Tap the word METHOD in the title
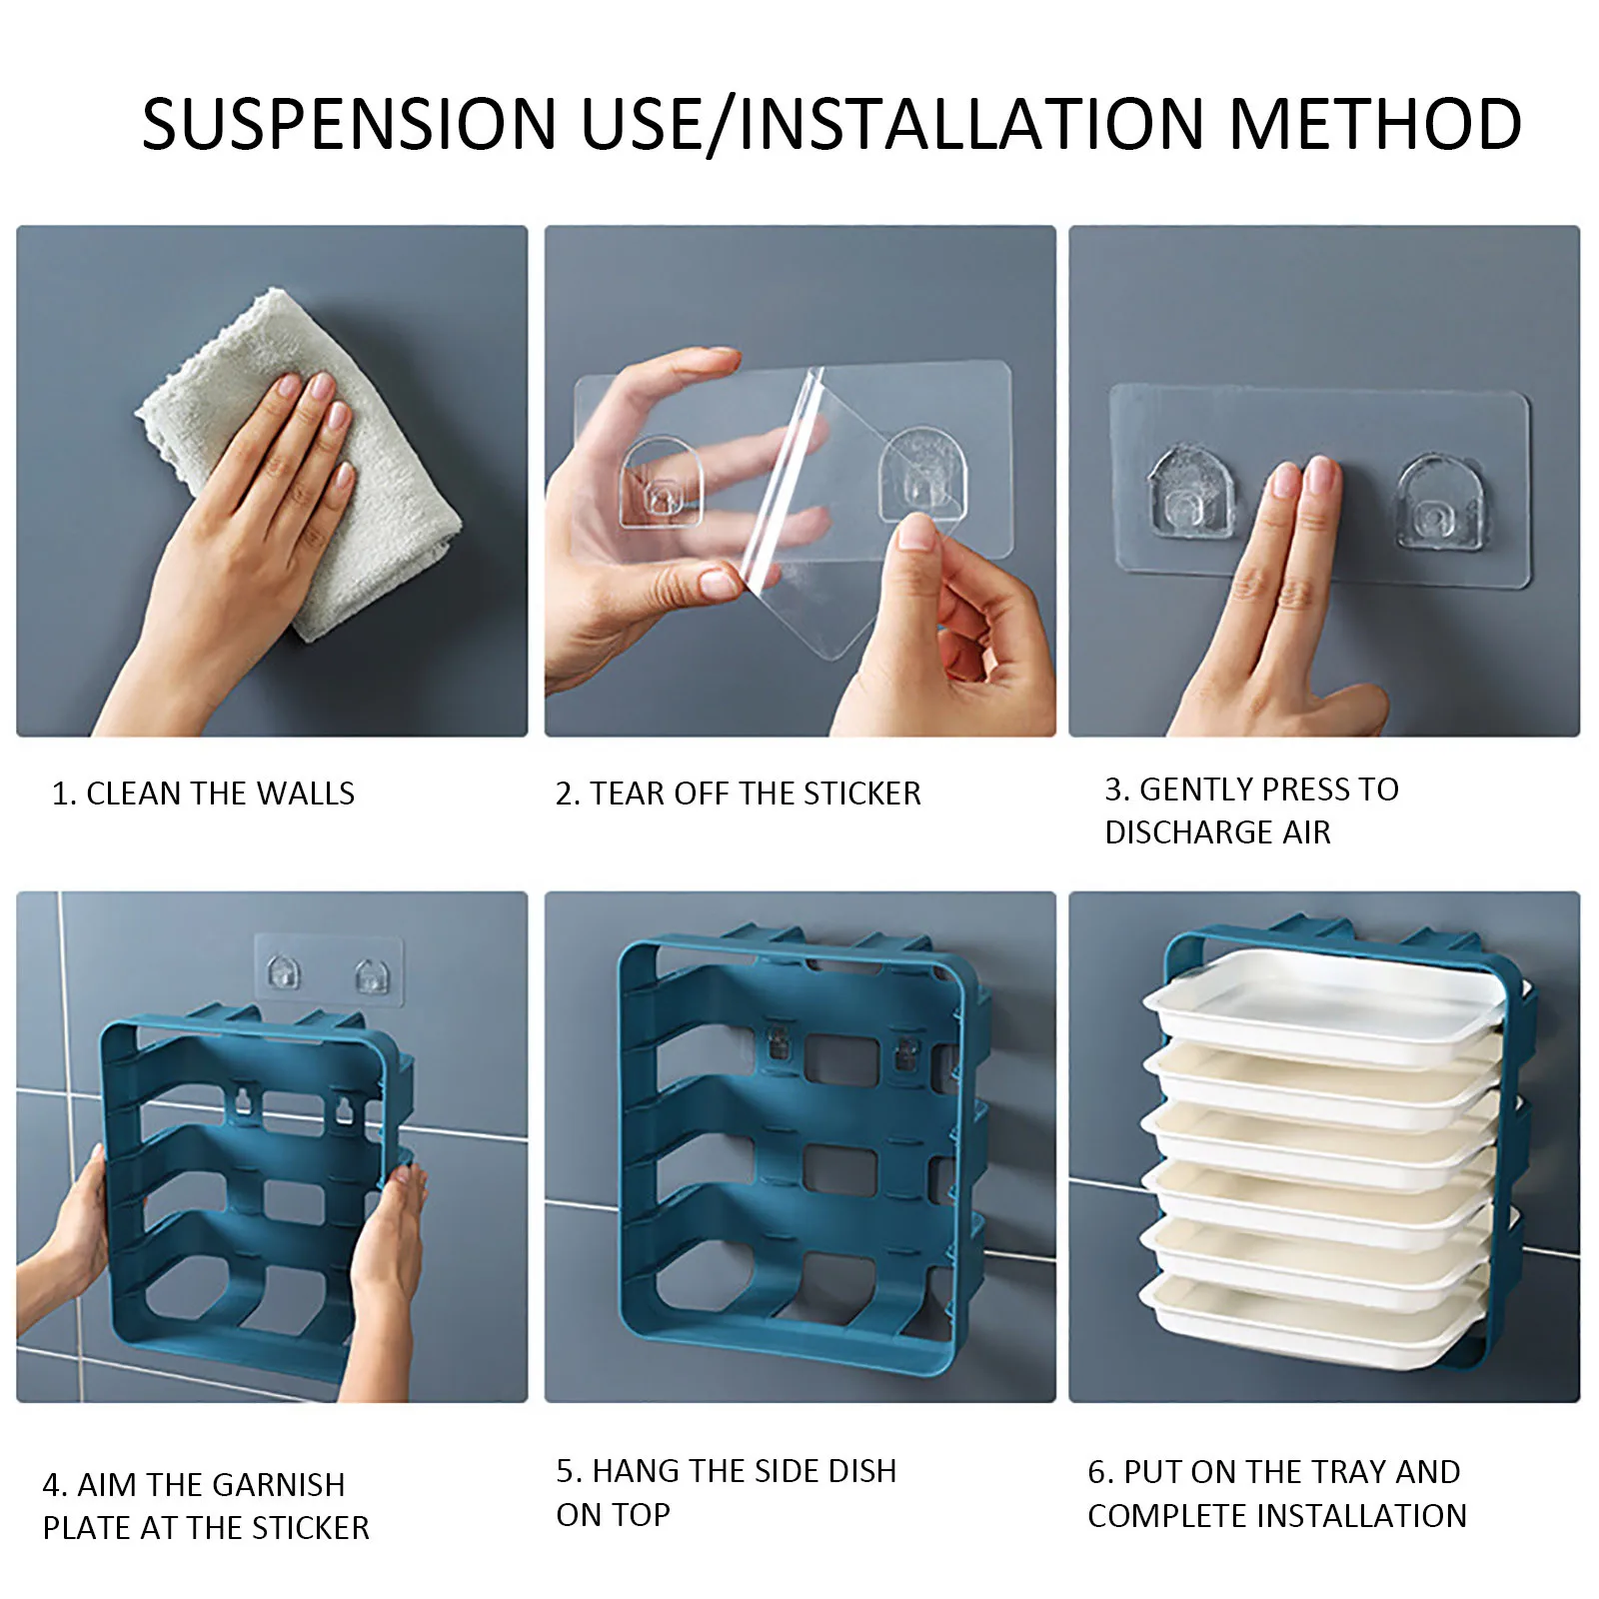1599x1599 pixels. (x=1374, y=125)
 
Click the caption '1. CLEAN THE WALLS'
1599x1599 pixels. (x=203, y=794)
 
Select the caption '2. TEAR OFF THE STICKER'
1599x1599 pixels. (x=738, y=794)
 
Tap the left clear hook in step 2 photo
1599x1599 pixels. (x=661, y=485)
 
